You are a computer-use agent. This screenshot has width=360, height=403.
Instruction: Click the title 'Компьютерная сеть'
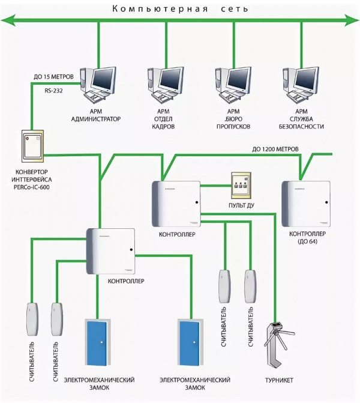181,9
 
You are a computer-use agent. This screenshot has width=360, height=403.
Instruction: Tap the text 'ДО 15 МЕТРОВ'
53,77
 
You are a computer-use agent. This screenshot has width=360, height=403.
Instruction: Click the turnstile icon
275,345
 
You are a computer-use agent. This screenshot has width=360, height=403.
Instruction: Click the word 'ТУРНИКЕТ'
279,380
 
